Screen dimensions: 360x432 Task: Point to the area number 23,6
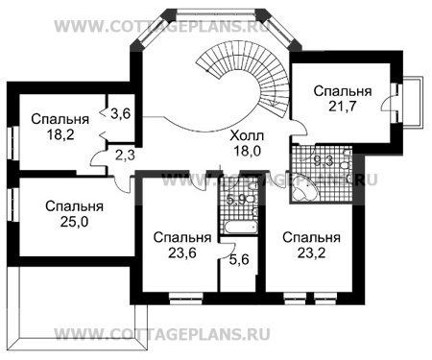pyautogui.click(x=176, y=252)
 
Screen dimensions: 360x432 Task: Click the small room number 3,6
pyautogui.click(x=121, y=113)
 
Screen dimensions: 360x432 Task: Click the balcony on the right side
pyautogui.click(x=414, y=99)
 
